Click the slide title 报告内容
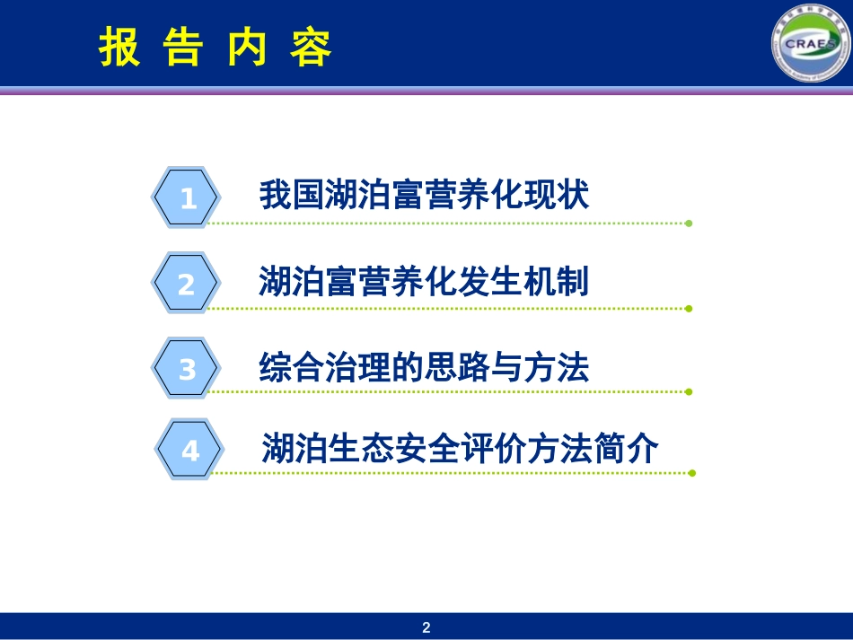click(215, 48)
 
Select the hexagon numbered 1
click(186, 197)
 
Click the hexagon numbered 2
click(186, 285)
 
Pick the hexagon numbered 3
click(187, 369)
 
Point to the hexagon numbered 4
click(189, 450)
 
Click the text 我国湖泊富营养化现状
click(424, 195)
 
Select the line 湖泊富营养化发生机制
click(424, 282)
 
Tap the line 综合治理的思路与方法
click(424, 367)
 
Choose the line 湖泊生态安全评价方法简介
click(460, 447)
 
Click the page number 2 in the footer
click(426, 627)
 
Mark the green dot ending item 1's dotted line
click(689, 224)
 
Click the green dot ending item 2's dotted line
click(689, 309)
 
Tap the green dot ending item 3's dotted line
click(689, 391)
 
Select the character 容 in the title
click(311, 48)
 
